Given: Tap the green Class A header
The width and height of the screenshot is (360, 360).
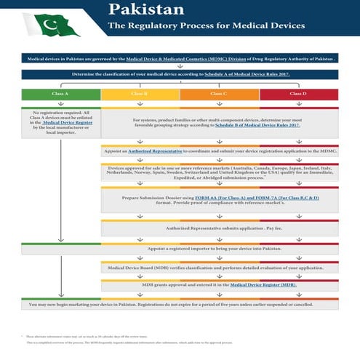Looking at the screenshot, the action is tap(61, 95).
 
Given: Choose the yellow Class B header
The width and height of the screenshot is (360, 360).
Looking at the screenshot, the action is tap(140, 95).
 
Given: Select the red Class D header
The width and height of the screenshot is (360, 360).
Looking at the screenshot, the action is tap(298, 95).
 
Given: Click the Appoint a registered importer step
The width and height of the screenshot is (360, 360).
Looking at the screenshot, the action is tap(219, 248).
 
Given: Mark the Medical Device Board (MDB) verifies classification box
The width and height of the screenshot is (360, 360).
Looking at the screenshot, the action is tap(219, 268).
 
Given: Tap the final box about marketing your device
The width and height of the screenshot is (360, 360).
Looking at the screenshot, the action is tap(180, 305).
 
